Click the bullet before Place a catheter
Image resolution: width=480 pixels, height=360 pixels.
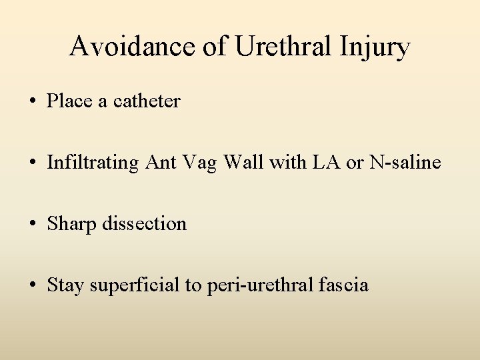(x=33, y=102)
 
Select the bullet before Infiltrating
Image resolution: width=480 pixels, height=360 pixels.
(x=33, y=163)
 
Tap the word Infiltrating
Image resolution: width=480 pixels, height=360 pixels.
(x=93, y=163)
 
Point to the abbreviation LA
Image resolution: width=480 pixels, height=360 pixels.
(x=318, y=162)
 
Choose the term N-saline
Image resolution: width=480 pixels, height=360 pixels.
(x=406, y=162)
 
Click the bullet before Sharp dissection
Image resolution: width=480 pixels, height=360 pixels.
(x=33, y=225)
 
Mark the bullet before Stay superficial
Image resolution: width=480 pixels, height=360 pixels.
(x=33, y=286)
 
